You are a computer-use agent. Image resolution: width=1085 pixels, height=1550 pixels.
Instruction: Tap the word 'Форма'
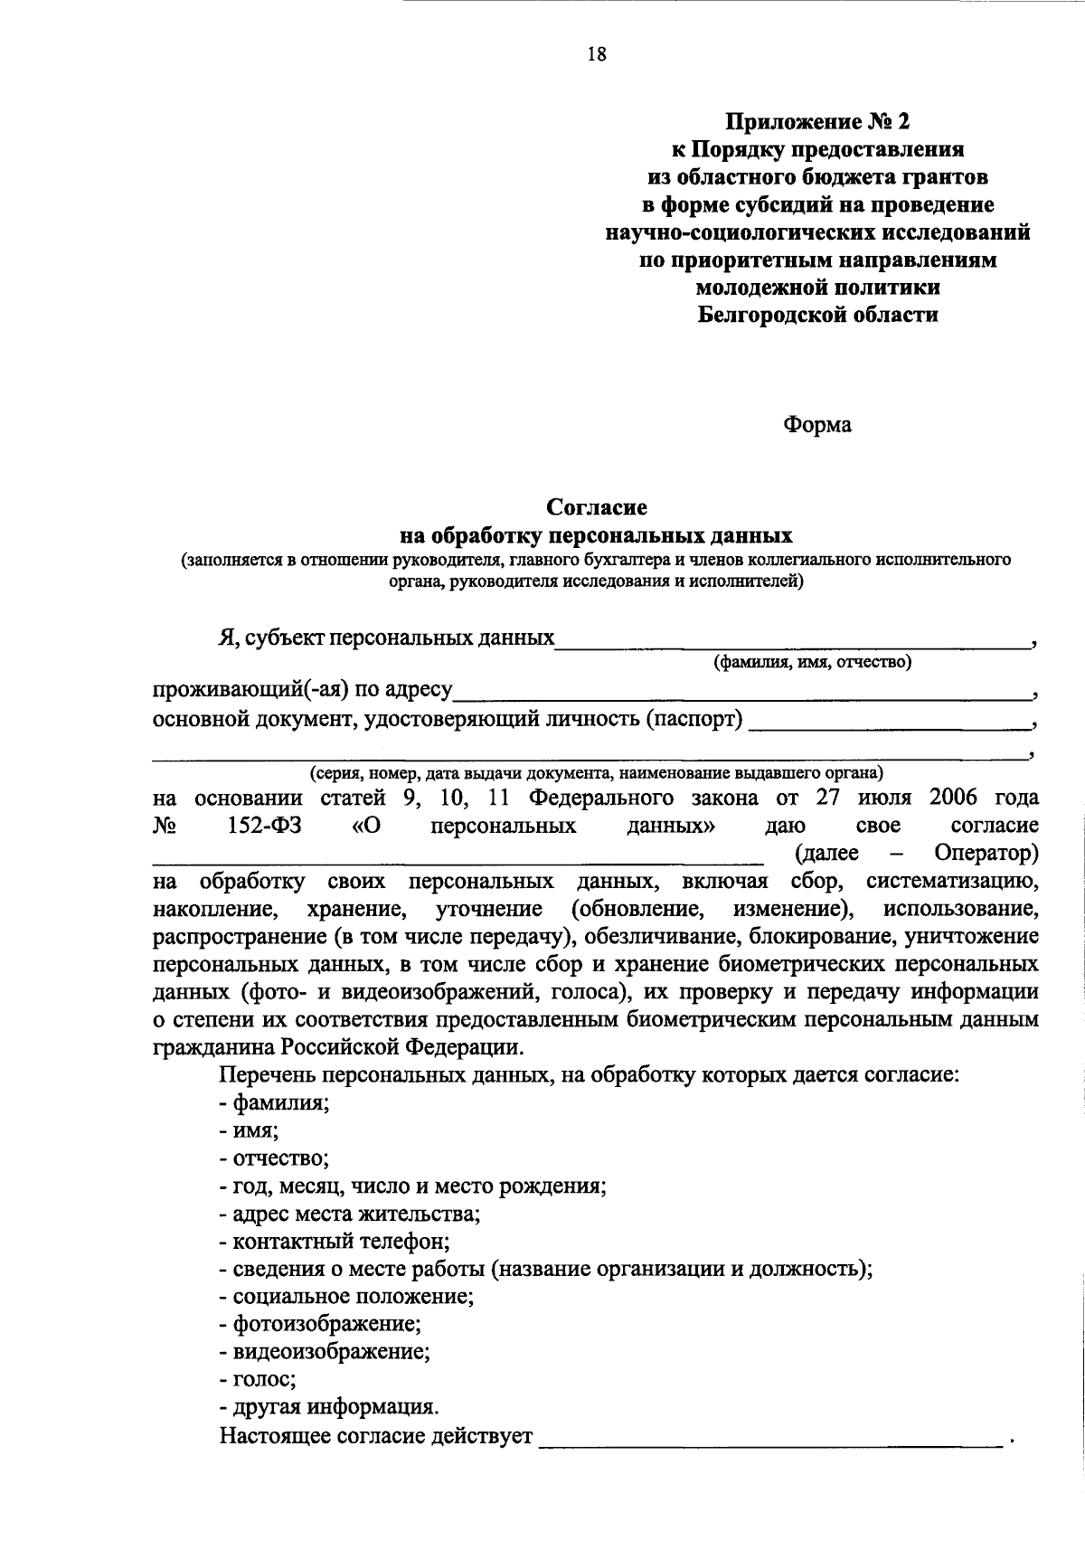pyautogui.click(x=816, y=424)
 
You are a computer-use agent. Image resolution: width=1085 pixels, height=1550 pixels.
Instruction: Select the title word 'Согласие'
pyautogui.click(x=596, y=507)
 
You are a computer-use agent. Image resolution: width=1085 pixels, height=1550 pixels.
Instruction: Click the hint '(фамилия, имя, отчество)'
pyautogui.click(x=812, y=663)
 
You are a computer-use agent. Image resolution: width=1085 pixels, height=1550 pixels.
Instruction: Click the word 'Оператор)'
pyautogui.click(x=986, y=853)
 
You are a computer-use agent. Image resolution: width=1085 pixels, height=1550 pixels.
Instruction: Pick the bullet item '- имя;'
pyautogui.click(x=248, y=1130)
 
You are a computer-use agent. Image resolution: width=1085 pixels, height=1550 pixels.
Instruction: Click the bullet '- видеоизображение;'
pyautogui.click(x=324, y=1352)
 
